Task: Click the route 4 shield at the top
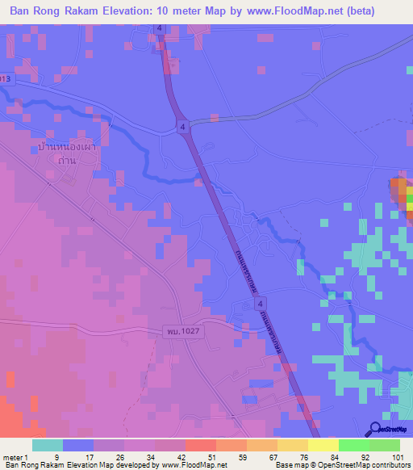pos(161,28)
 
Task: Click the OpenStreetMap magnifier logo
pos(376,429)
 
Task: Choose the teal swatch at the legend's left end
pos(48,445)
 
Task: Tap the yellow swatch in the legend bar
pos(323,445)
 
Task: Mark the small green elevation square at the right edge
pos(409,198)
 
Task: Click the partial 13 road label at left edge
pos(6,79)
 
